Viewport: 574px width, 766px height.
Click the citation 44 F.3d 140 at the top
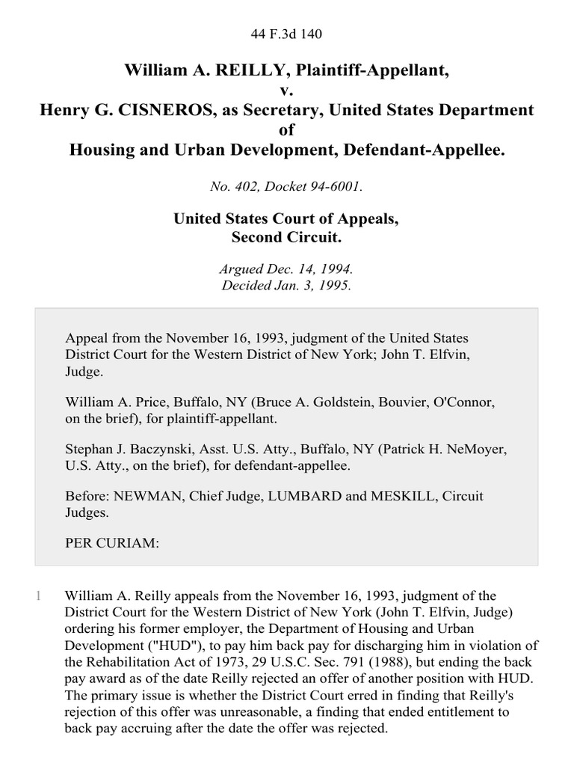(287, 34)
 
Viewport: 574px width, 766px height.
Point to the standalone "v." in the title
(287, 91)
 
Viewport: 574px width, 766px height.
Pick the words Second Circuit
(287, 238)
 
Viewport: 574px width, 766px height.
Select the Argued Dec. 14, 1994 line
(287, 269)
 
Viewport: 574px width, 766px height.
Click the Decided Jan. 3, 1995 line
(287, 285)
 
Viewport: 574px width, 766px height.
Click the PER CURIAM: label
(112, 544)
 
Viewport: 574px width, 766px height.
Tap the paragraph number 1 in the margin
(39, 596)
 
